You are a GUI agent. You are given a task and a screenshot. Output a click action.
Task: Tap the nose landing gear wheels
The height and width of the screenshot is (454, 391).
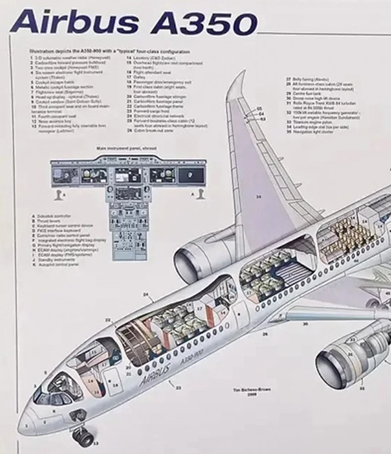pyautogui.click(x=84, y=436)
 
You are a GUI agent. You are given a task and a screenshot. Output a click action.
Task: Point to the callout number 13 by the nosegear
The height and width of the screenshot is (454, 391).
pyautogui.click(x=95, y=444)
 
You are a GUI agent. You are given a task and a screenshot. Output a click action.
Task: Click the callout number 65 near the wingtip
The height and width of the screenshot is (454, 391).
pyautogui.click(x=260, y=109)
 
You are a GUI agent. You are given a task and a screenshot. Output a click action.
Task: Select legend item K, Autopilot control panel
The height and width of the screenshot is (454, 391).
pyautogui.click(x=55, y=264)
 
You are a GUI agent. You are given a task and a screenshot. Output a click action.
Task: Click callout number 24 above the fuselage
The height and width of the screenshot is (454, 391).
pyautogui.click(x=146, y=294)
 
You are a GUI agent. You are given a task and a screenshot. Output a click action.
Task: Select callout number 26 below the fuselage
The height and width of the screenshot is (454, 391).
pyautogui.click(x=265, y=334)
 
